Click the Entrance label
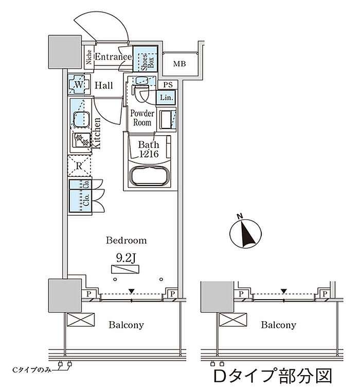click(113, 56)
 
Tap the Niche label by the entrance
click(89, 57)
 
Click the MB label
click(179, 64)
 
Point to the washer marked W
click(79, 84)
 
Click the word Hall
click(103, 85)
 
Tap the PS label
click(168, 85)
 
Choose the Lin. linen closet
click(167, 97)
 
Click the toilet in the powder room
click(141, 94)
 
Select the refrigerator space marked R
click(79, 165)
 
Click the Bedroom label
click(126, 240)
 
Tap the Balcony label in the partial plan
click(278, 325)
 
